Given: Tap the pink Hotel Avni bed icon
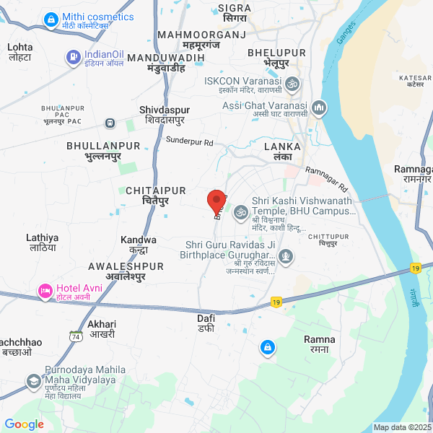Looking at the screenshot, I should pyautogui.click(x=45, y=291).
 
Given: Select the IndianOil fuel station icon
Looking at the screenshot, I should pyautogui.click(x=73, y=56).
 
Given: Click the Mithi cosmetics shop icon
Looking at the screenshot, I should pyautogui.click(x=51, y=19).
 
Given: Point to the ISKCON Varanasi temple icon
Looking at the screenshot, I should pyautogui.click(x=292, y=84).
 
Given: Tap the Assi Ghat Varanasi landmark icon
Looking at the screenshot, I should pyautogui.click(x=319, y=108).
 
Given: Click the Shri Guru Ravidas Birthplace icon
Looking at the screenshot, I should pyautogui.click(x=287, y=255).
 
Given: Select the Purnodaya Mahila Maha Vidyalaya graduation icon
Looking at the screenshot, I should pyautogui.click(x=33, y=380).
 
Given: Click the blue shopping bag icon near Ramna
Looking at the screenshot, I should pyautogui.click(x=268, y=348).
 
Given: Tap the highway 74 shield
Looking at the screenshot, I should pyautogui.click(x=75, y=336).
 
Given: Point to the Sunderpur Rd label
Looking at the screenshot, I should pyautogui.click(x=190, y=141).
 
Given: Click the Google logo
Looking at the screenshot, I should pyautogui.click(x=25, y=424).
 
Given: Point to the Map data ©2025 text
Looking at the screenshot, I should pyautogui.click(x=401, y=427).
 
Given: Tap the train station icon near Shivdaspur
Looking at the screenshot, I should pyautogui.click(x=110, y=123).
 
